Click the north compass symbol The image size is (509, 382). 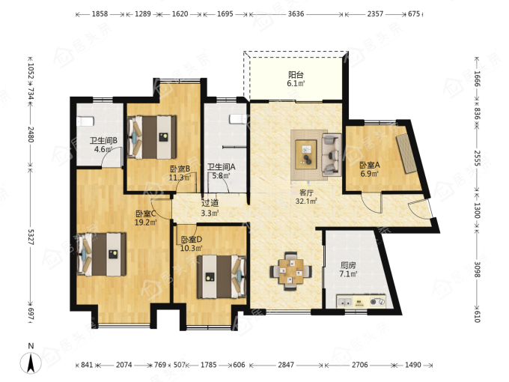click(x=31, y=363)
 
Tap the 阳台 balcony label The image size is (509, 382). click(x=296, y=75)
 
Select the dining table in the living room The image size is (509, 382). click(x=291, y=271)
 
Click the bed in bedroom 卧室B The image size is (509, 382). click(x=152, y=137)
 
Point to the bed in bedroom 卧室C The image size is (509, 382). click(x=102, y=255)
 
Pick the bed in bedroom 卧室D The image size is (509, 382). click(x=222, y=276)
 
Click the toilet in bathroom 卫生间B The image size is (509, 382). click(x=85, y=122)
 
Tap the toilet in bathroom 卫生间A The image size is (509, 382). click(x=237, y=119)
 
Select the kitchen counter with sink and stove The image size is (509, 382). click(x=362, y=301)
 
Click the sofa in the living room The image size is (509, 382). click(x=331, y=154)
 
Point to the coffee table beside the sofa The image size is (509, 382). click(x=306, y=154)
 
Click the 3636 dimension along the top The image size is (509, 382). click(x=296, y=14)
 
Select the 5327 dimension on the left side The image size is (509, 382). click(x=31, y=237)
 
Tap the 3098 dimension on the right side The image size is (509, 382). click(x=477, y=270)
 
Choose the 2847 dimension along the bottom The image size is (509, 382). click(x=286, y=365)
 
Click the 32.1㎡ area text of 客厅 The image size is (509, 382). click(x=306, y=201)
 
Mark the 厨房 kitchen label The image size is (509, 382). click(x=348, y=265)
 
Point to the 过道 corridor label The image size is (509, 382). click(x=210, y=203)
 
